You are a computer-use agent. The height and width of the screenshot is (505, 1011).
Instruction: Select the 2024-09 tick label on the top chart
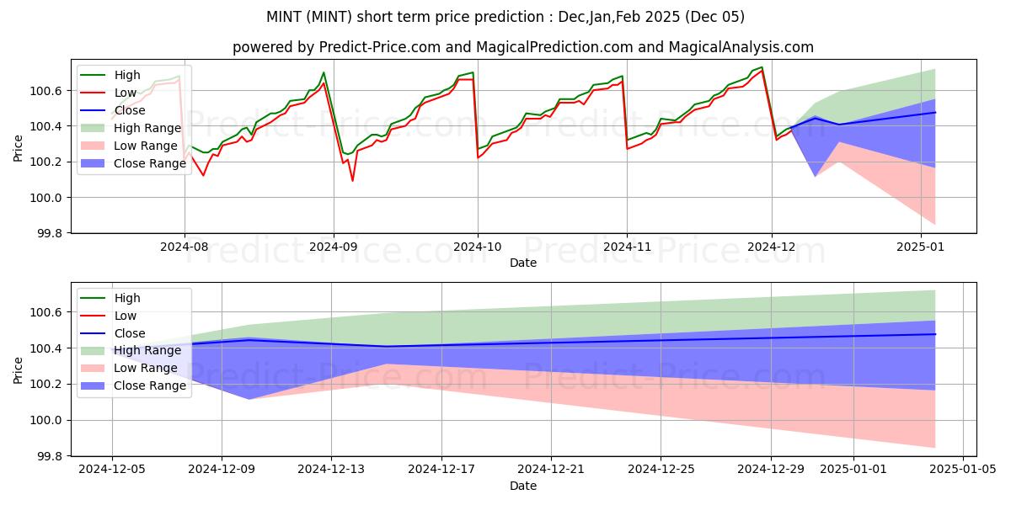point(333,247)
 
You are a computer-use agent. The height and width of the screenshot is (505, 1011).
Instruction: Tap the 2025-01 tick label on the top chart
point(921,247)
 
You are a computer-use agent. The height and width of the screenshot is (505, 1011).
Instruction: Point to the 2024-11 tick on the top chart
point(626,247)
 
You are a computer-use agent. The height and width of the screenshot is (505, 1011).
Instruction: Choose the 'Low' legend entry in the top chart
point(126,93)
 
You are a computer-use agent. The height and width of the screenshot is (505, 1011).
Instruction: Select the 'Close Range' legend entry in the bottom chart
point(149,386)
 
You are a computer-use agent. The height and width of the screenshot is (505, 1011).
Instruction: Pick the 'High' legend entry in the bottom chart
point(127,298)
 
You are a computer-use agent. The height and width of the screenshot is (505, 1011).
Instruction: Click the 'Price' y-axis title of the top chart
point(19,148)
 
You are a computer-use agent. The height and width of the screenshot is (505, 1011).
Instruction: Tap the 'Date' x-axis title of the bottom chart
point(523,486)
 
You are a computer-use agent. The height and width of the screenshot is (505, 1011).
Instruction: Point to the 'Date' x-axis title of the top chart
point(523,263)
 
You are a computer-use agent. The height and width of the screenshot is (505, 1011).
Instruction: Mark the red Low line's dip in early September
point(352,180)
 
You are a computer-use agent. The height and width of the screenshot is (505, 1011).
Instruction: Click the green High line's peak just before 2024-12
point(762,67)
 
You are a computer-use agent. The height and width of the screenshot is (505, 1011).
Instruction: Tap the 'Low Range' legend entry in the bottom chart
point(146,369)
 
